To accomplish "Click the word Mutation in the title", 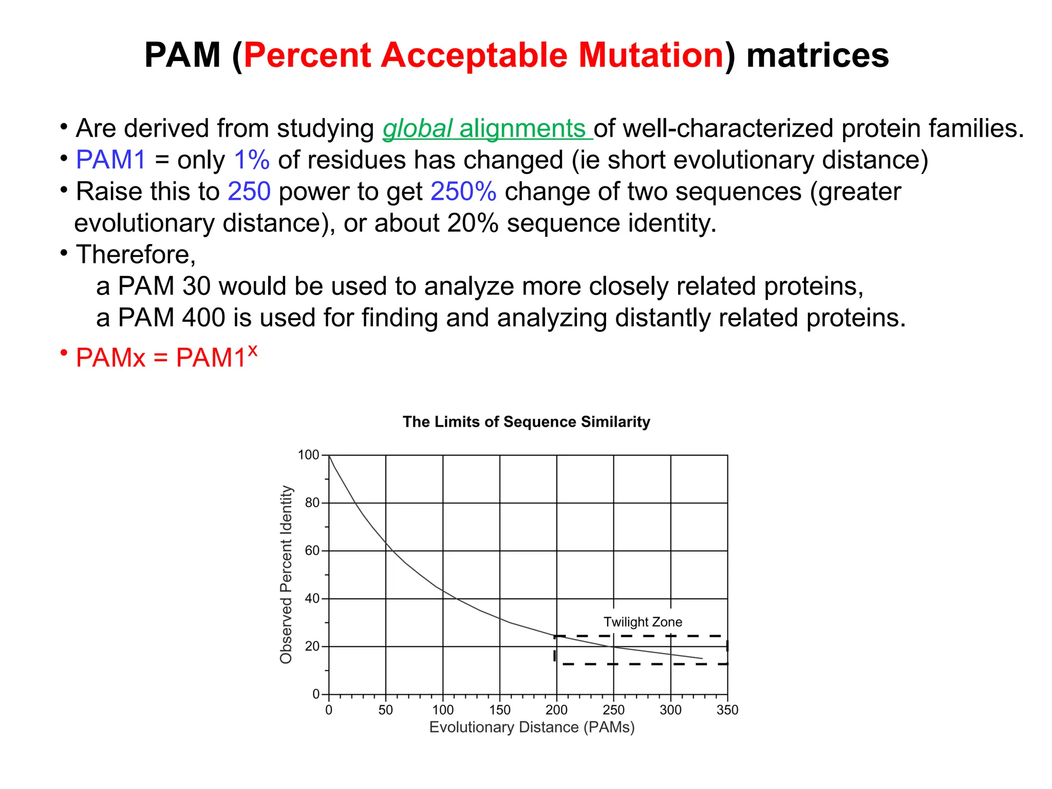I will [651, 55].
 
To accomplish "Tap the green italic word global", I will [418, 128].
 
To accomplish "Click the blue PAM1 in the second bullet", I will [111, 160].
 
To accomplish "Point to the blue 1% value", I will [252, 160].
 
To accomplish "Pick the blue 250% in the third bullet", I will [463, 192].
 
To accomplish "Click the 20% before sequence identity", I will [473, 223].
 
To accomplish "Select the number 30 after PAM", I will [196, 286].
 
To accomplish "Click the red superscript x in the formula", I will [252, 350].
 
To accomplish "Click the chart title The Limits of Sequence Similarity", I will [526, 422].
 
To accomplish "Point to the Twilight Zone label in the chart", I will [643, 622].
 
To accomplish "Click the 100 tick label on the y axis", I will [308, 455].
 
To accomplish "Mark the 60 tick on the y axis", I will [312, 551].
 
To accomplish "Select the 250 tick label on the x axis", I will [613, 710].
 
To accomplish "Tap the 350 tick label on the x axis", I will [727, 710].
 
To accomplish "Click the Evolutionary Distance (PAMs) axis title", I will [532, 727].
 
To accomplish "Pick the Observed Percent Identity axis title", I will [286, 574].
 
